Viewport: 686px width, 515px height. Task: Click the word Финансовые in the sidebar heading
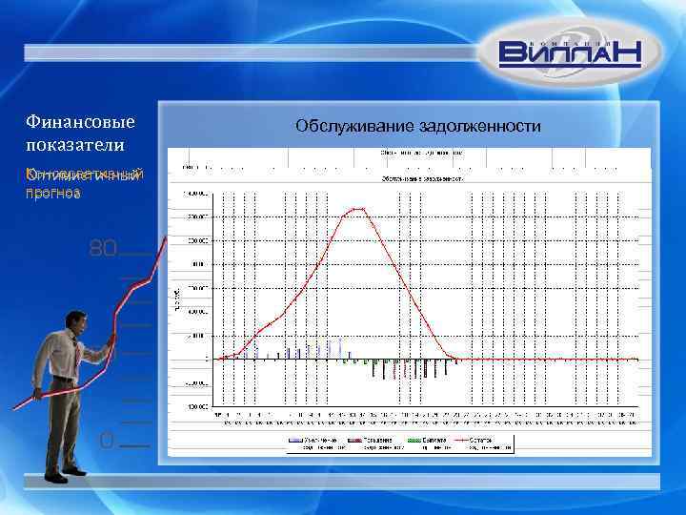[80, 122]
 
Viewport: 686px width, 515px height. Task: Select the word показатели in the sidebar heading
[74, 143]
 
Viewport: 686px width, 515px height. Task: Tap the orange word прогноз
[53, 192]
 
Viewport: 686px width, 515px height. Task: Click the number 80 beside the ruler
[102, 250]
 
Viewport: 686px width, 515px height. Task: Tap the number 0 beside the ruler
[107, 440]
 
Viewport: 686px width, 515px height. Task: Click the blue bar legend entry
[306, 442]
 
